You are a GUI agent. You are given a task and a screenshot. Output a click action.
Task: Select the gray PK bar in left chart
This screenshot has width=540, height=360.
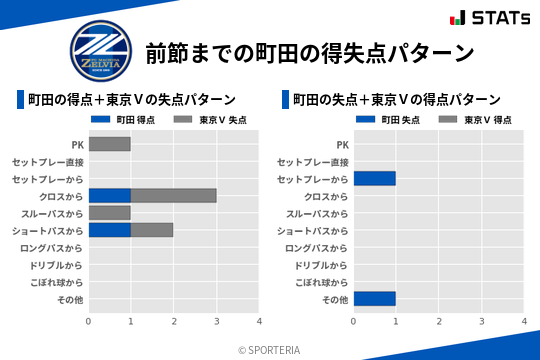tap(109, 144)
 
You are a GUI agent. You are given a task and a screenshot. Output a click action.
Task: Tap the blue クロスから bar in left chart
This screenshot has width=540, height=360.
tap(109, 196)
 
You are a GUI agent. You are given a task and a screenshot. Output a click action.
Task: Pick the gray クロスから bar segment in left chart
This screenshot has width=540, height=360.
tap(173, 196)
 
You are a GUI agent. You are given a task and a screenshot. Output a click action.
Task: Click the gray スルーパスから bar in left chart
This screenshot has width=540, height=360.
tap(109, 213)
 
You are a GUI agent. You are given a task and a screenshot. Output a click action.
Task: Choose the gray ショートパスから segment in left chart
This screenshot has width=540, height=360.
tap(152, 230)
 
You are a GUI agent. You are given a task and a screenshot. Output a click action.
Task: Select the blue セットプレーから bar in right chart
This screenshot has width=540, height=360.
tap(374, 179)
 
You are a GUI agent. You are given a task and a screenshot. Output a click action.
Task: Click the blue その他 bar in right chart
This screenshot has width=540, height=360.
tap(374, 299)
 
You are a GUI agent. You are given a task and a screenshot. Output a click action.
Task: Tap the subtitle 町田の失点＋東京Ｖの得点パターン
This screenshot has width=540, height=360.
tap(397, 99)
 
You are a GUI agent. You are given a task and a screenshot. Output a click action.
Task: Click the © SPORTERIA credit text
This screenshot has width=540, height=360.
tap(271, 350)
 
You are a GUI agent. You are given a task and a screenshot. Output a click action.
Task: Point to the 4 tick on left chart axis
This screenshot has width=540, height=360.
tap(259, 321)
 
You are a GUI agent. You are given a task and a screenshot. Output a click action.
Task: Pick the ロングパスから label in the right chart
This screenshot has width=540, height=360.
tap(317, 247)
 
